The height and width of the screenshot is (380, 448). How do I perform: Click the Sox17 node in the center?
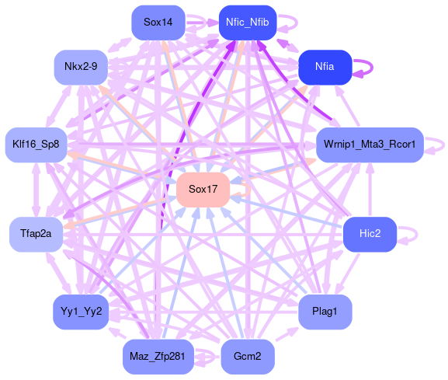point(203,190)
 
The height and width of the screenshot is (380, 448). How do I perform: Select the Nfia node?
point(325,67)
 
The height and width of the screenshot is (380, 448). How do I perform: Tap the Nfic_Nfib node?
point(248,23)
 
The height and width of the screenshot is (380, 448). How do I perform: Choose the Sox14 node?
point(158,23)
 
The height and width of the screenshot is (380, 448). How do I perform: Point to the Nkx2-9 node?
point(81,67)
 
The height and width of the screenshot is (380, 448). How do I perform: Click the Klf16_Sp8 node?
point(36,145)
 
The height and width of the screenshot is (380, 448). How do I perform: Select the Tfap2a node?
point(36,234)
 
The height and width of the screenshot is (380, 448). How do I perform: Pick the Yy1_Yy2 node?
point(81,312)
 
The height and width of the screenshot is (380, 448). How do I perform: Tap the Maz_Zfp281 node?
point(158,357)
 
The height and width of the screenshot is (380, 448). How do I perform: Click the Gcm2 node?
point(248,357)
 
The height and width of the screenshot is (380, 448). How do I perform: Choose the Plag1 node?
point(325,312)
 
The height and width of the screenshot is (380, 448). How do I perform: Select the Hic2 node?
point(370,234)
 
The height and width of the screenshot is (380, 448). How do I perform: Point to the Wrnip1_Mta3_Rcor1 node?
point(370,145)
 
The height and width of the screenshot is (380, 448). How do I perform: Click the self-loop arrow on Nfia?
point(372,68)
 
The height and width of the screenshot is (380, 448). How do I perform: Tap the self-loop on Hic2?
point(417,235)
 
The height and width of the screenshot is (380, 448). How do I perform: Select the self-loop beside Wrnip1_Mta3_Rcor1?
point(443,145)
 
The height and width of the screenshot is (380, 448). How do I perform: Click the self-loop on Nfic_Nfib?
point(297,23)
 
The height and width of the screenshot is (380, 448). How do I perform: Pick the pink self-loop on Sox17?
point(250,190)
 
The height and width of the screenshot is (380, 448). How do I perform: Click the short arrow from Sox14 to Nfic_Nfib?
point(202,23)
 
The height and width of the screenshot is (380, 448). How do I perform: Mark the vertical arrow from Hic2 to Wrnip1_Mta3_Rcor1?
point(370,190)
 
